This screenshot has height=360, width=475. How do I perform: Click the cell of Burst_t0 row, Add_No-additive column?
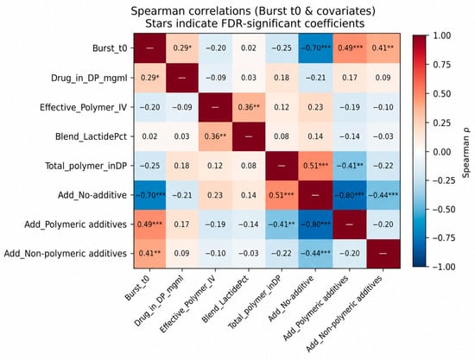[x=315, y=47]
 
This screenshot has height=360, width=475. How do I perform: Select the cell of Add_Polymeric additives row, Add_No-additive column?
[x=315, y=224]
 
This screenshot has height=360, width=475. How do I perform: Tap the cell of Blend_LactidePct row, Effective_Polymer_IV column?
[x=215, y=136]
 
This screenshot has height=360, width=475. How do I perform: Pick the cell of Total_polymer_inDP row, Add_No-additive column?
[x=315, y=166]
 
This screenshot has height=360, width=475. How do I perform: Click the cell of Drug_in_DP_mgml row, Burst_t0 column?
[x=150, y=78]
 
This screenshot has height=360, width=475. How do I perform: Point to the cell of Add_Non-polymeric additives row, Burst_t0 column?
[x=150, y=254]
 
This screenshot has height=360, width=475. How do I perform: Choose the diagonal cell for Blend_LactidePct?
[x=249, y=136]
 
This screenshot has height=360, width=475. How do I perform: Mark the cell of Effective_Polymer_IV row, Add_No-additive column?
[x=315, y=107]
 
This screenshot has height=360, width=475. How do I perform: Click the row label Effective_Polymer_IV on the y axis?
[x=83, y=107]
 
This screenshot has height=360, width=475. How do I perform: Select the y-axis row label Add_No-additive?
[x=92, y=195]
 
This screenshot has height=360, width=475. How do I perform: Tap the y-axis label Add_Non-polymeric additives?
[x=66, y=254]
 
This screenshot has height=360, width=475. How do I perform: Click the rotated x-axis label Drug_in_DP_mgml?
[x=159, y=300]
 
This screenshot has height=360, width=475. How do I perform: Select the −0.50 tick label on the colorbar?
[x=443, y=209]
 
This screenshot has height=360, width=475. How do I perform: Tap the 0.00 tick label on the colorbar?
[x=440, y=151]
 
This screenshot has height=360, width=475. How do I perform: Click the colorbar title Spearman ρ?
[x=466, y=150]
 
